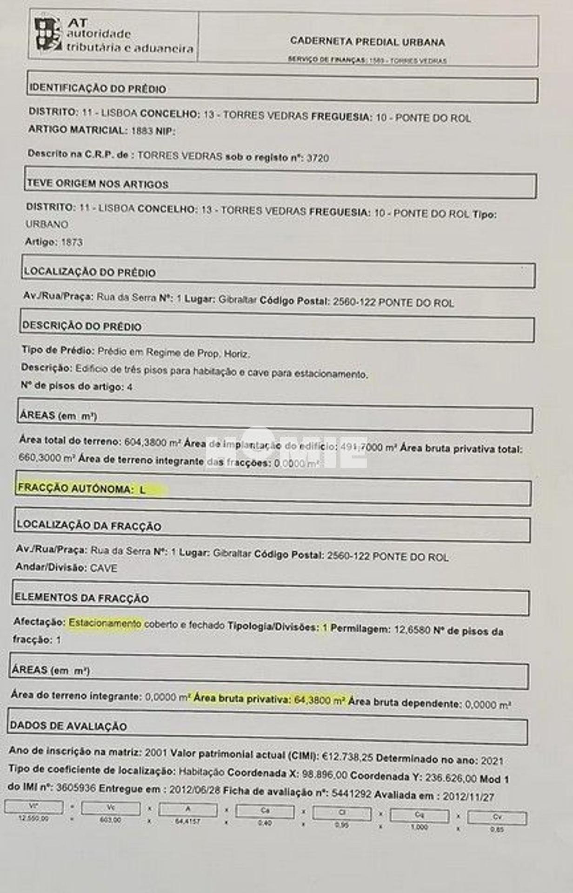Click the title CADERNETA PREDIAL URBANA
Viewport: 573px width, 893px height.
tap(367, 42)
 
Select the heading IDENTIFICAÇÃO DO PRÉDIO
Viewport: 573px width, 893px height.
tap(98, 89)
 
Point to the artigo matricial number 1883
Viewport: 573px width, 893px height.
tap(142, 131)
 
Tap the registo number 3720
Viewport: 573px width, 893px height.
tap(318, 158)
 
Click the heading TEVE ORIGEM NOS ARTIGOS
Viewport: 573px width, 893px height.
tap(98, 184)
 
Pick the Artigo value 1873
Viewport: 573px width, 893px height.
tap(72, 242)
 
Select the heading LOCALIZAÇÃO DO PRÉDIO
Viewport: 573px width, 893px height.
tap(90, 273)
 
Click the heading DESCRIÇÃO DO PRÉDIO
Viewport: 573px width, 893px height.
tap(82, 327)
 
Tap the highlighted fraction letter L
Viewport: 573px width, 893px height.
tap(143, 489)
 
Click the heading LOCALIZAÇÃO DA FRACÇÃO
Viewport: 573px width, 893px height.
tap(89, 526)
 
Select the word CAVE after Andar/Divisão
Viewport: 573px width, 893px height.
tap(104, 568)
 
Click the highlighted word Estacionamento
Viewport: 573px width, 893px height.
tap(105, 623)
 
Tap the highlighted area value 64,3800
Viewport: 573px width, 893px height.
tap(313, 700)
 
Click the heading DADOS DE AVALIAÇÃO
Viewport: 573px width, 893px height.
tap(68, 726)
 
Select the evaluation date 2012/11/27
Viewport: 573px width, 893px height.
tap(468, 797)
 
